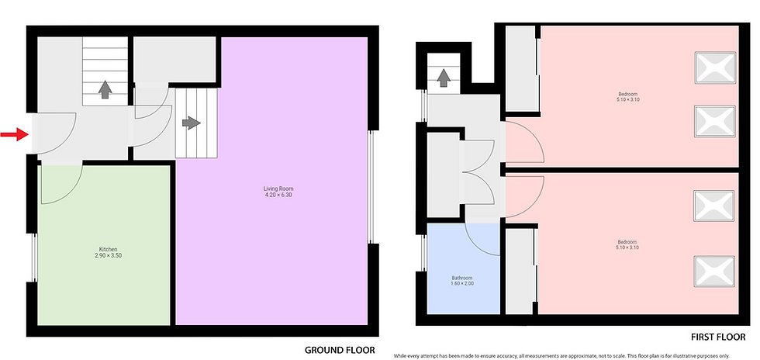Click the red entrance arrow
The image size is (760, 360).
[x=15, y=134]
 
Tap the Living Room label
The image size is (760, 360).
[x=278, y=189]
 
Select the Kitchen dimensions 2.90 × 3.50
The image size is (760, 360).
[x=108, y=255]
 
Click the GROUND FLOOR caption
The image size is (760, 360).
[x=340, y=350]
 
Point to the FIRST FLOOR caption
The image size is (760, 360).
[x=718, y=337]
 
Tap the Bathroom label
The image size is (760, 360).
[x=461, y=278]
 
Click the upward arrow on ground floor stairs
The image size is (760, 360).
[x=105, y=90]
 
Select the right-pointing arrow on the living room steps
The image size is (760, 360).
[x=192, y=123]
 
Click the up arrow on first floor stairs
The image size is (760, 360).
[x=443, y=78]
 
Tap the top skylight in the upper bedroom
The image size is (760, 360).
[x=715, y=67]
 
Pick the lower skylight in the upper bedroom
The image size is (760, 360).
[x=715, y=121]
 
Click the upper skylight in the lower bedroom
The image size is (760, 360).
[x=714, y=206]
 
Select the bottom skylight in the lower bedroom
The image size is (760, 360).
[x=714, y=272]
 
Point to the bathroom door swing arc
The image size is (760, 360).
[x=474, y=245]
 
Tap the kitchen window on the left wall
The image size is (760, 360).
[x=34, y=257]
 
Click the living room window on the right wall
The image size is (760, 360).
[x=371, y=186]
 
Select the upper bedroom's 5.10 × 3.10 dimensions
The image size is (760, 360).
[x=627, y=99]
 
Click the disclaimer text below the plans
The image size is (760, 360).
[x=561, y=355]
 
